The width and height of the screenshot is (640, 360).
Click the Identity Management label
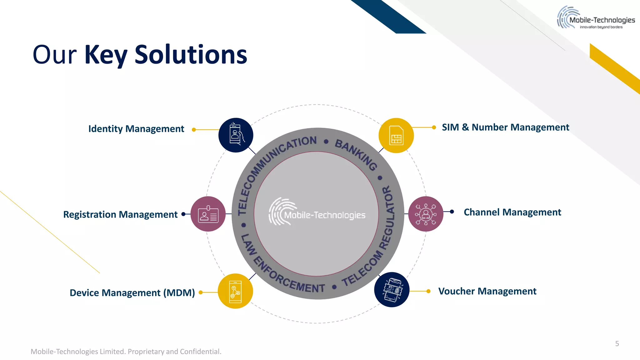pos(136,129)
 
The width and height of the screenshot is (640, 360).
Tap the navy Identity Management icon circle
pos(236,135)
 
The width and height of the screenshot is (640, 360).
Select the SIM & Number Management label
pos(505,127)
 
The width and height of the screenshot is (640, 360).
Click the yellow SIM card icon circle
pos(396,136)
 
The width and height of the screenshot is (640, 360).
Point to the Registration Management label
pos(120,214)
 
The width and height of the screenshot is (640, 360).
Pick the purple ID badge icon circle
pos(208,214)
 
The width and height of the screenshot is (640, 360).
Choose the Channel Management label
pos(512,212)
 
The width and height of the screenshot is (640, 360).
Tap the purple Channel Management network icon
pos(426,214)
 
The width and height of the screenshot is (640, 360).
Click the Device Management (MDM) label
pos(132,293)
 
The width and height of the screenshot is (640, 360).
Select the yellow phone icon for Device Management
pos(235,291)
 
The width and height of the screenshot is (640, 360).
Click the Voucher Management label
pos(487,291)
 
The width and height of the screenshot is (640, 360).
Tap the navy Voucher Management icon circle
pos(392,290)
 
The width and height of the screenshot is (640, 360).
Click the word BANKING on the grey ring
pos(356,154)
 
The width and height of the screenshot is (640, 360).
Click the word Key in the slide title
pos(106,55)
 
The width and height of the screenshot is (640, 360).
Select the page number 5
pos(617,344)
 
